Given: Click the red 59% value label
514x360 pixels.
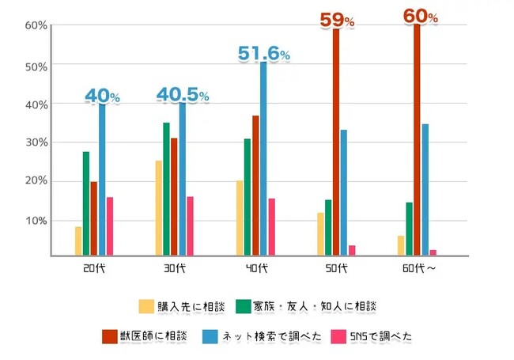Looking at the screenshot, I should [337, 20].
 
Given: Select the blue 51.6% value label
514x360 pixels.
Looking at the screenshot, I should [264, 54].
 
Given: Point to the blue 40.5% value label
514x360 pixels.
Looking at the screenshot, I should [183, 96].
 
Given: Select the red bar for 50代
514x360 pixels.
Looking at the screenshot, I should [336, 142].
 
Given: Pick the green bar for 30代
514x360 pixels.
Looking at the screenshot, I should [166, 189].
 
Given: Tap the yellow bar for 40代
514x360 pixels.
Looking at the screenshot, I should [240, 218].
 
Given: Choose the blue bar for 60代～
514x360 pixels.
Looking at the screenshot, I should [425, 190].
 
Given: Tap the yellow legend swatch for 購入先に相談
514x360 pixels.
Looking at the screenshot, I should [146, 305].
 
